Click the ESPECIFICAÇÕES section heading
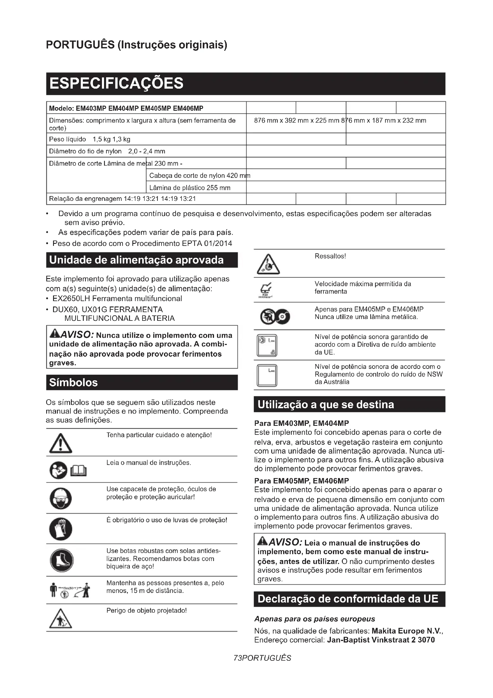tap(116, 83)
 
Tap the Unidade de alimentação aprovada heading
tap(136, 260)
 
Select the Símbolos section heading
tap(73, 383)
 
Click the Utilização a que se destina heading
tap(325, 405)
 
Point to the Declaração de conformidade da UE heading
tap(348, 599)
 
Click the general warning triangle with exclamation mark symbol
tap(61, 443)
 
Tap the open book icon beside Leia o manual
tap(78, 472)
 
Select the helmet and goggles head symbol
tap(61, 498)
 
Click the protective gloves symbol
tap(61, 529)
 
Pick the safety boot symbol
tap(61, 560)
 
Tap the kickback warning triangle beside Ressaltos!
tap(268, 264)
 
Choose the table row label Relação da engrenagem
tap(86, 199)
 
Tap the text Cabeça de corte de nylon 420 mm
tap(199, 176)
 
